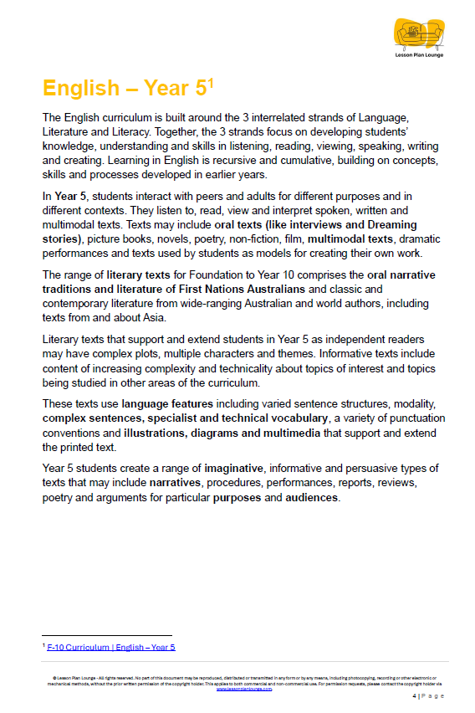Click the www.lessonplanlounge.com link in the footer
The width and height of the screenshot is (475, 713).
(238, 689)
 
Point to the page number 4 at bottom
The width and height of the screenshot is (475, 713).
(415, 695)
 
